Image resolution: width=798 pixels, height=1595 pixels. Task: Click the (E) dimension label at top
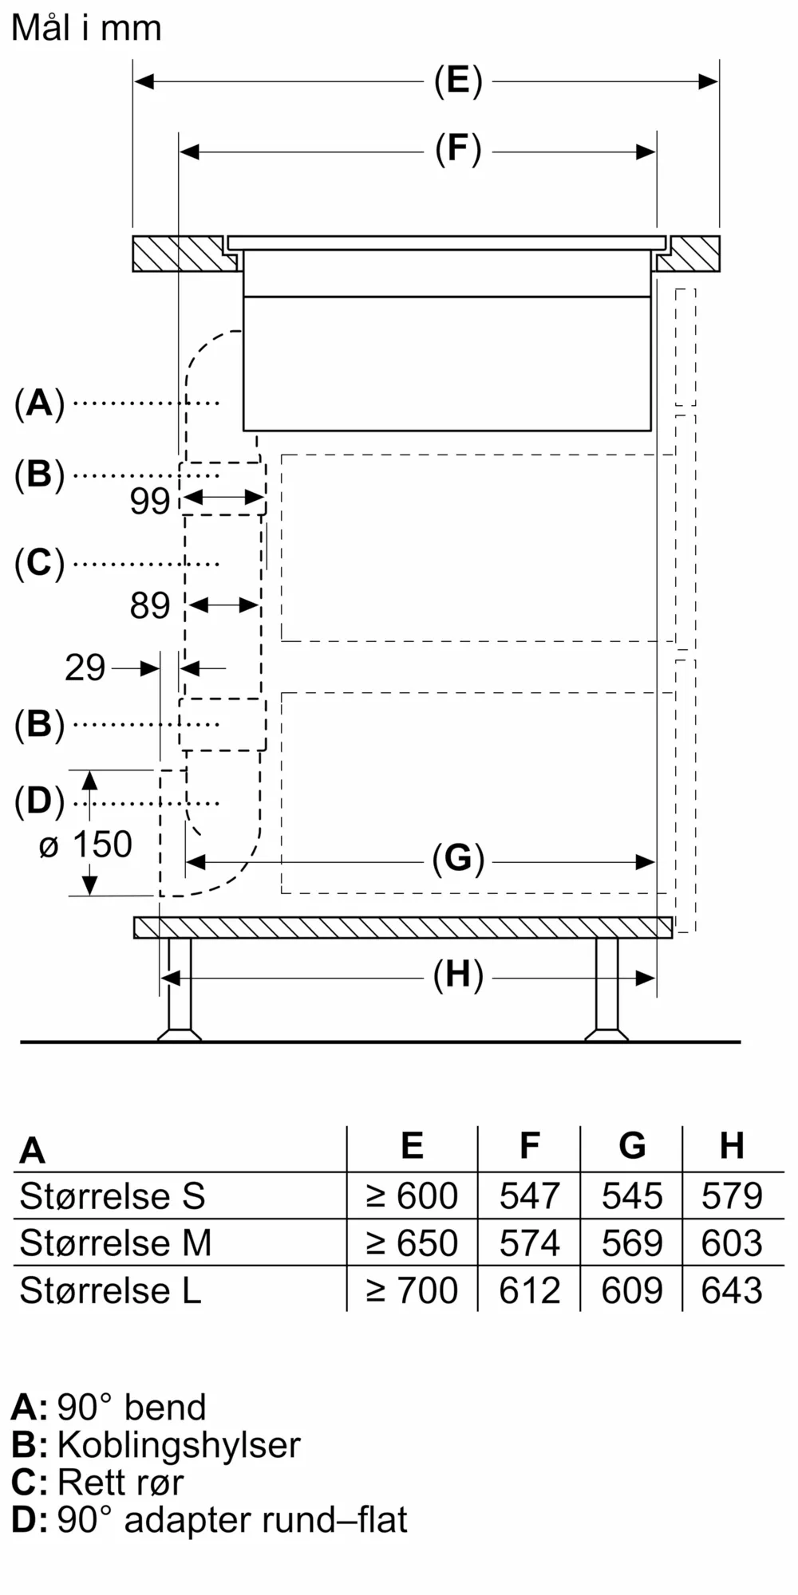(458, 81)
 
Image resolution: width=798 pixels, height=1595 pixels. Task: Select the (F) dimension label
(458, 150)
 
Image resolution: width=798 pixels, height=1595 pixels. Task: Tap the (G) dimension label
(458, 860)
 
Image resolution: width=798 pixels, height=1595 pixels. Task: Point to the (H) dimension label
(458, 975)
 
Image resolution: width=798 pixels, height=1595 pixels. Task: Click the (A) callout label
(39, 403)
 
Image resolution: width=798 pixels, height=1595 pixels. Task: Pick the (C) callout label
(39, 563)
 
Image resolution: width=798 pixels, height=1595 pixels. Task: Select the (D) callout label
(39, 801)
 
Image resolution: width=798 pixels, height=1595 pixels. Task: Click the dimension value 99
(150, 502)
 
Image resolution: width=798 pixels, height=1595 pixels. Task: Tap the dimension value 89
(150, 606)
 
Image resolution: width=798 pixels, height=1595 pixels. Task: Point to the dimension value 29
(85, 668)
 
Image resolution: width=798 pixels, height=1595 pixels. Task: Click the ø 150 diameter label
(85, 845)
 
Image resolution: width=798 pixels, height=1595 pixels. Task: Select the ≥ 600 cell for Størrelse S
(412, 1196)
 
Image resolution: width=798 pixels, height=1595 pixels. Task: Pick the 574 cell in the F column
(529, 1243)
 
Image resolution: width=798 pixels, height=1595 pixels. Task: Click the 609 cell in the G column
(631, 1290)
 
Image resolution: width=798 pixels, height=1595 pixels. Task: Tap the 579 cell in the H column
(732, 1196)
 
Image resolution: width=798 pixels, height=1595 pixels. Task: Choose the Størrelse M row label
(116, 1243)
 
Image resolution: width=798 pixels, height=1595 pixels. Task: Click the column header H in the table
(732, 1146)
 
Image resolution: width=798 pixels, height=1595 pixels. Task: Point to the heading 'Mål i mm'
(87, 29)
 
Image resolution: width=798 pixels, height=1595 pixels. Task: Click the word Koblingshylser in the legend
(179, 1445)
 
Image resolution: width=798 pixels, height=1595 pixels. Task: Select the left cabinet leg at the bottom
(179, 989)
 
